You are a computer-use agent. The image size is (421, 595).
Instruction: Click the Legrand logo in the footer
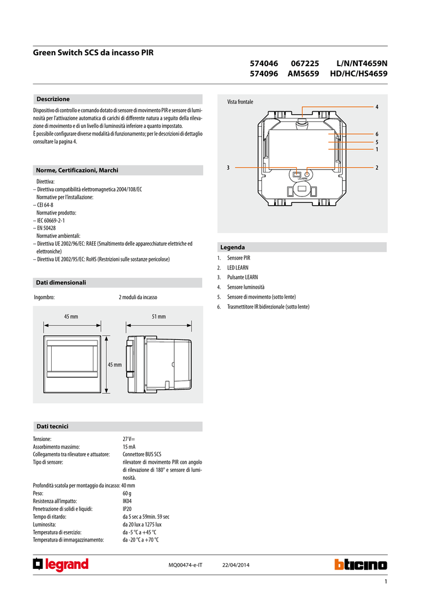(x=61, y=565)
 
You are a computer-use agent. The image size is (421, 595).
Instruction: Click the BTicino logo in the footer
(x=361, y=565)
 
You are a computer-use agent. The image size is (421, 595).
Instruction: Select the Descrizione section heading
(x=53, y=99)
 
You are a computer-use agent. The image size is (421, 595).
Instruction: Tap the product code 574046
(x=264, y=63)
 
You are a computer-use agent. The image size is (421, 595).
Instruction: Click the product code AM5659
(x=303, y=74)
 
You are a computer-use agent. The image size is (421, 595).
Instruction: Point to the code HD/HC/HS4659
(x=359, y=74)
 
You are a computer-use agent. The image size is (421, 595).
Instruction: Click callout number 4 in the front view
(x=377, y=107)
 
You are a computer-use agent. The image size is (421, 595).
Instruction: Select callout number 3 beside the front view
(x=228, y=167)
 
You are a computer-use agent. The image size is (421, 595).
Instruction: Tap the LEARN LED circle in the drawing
(x=307, y=174)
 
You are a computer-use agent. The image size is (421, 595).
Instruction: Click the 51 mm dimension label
(x=159, y=317)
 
